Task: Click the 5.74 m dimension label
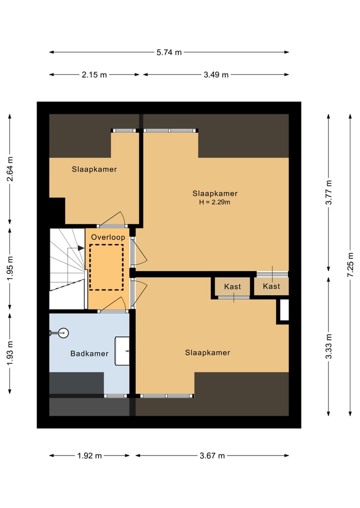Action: coord(169,52)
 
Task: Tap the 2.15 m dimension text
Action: coord(94,75)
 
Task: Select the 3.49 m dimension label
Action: coord(216,75)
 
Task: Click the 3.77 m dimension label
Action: coord(329,192)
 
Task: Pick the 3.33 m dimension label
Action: coord(329,346)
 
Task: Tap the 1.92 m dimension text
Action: coord(89,456)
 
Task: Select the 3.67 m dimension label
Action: coord(212,456)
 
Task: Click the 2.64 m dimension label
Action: coord(10,169)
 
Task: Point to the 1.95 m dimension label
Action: coord(10,269)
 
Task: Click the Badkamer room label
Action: coord(89,354)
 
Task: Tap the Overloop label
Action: coord(108,237)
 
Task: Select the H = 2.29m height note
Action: coord(214,202)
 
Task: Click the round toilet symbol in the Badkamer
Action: coord(64,333)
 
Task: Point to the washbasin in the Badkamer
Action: coord(122,351)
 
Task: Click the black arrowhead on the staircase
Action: coord(80,248)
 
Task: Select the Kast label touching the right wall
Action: coord(271,286)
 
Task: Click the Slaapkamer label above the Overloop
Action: coord(94,169)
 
